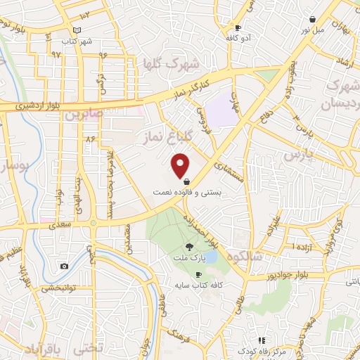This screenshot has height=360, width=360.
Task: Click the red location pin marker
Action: click(x=181, y=165)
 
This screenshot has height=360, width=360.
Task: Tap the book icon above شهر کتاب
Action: click(x=77, y=30)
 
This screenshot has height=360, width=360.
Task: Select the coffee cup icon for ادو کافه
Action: click(x=238, y=28)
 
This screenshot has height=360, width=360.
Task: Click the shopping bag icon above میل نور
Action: click(x=311, y=20)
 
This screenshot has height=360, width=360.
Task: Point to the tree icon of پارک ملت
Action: click(x=189, y=246)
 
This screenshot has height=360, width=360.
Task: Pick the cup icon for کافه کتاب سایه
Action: click(x=198, y=274)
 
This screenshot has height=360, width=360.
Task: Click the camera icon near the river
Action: click(x=64, y=266)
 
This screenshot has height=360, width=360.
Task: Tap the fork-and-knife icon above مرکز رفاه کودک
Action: click(x=262, y=340)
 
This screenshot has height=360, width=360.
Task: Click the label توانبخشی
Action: click(x=60, y=287)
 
